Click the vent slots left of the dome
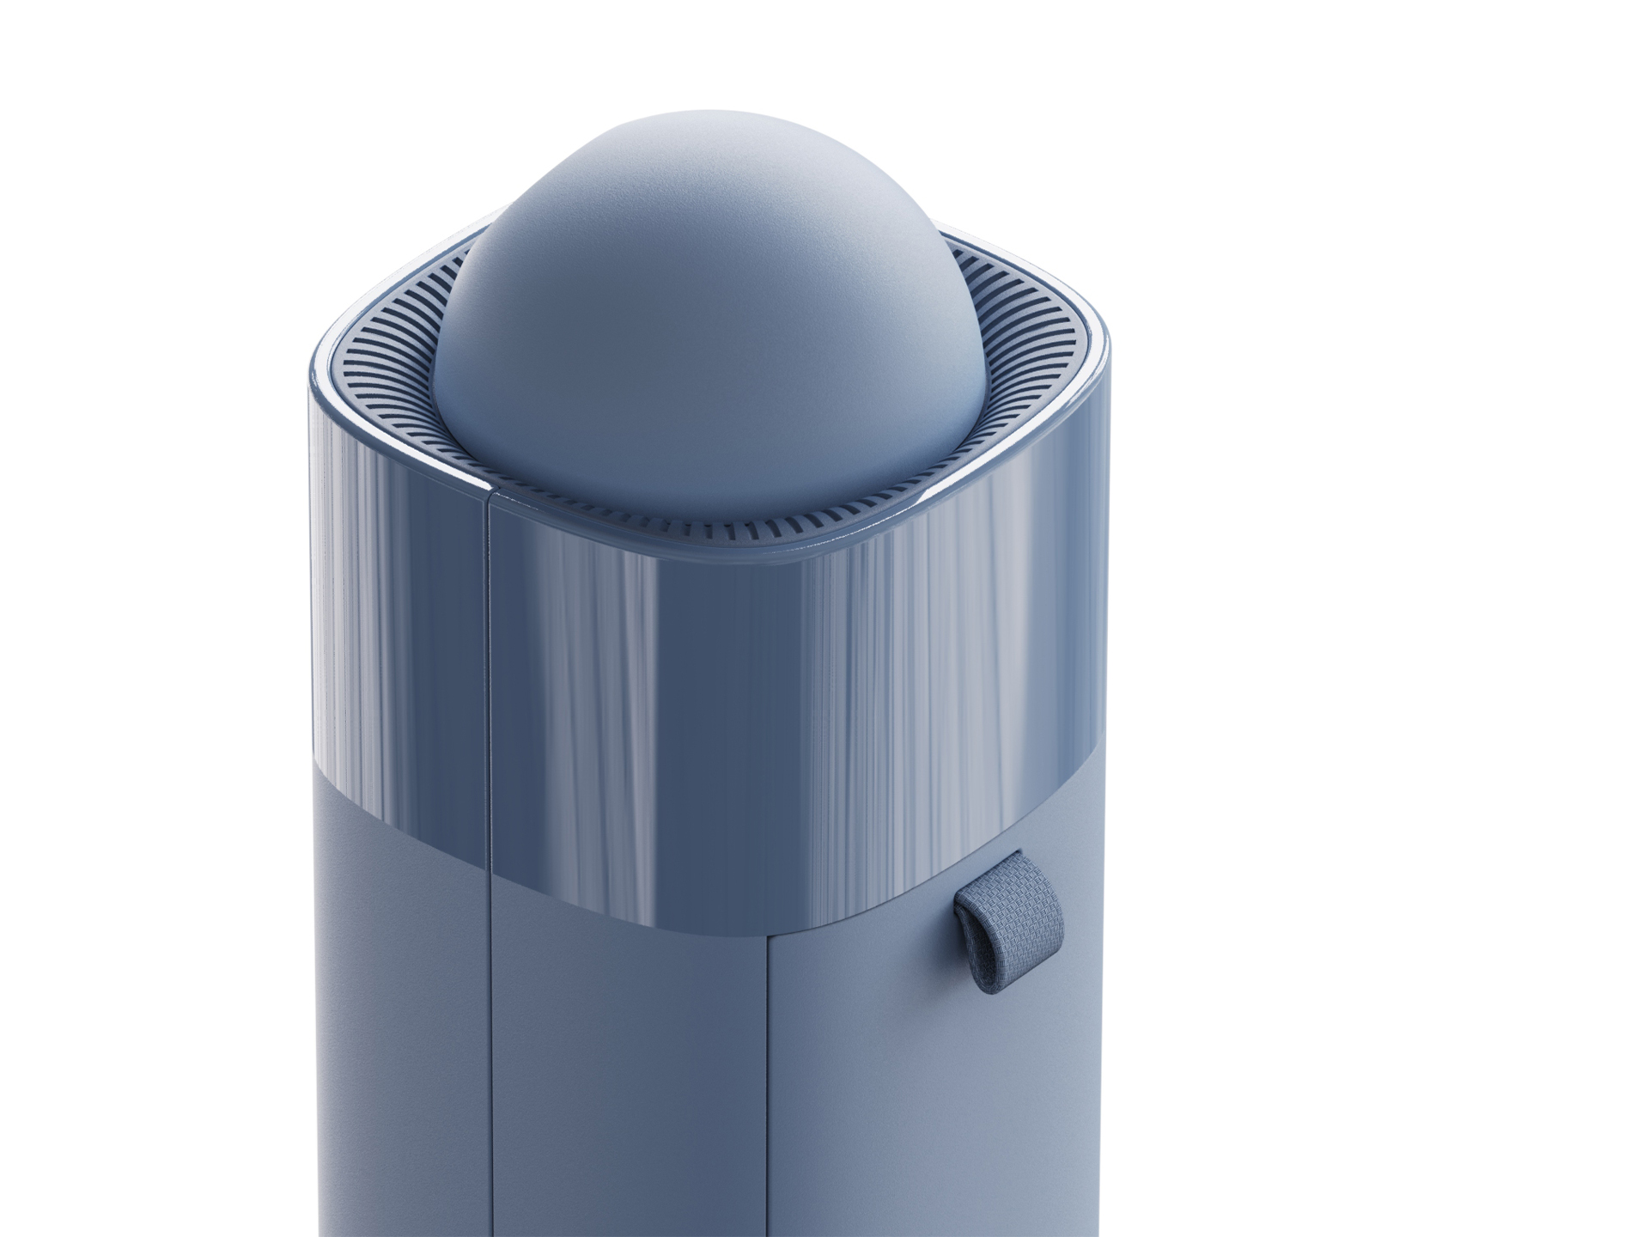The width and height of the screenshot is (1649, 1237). coord(404,378)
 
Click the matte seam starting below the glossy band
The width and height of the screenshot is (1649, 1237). coord(767,1074)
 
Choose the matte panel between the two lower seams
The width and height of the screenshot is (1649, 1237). coord(627,1074)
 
